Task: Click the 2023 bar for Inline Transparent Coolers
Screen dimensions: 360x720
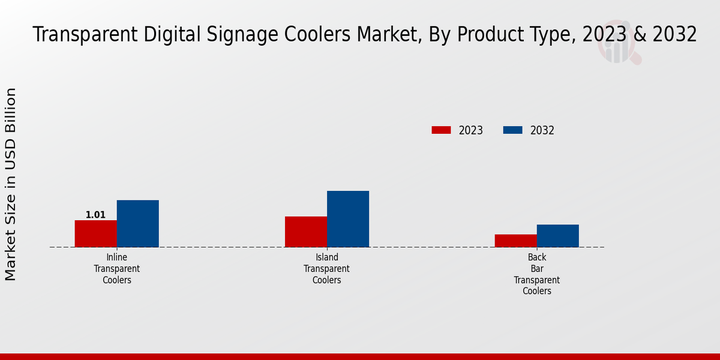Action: pyautogui.click(x=95, y=233)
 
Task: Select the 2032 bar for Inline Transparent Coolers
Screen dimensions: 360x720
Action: pyautogui.click(x=137, y=223)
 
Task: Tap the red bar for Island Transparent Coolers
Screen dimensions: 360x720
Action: pyautogui.click(x=305, y=232)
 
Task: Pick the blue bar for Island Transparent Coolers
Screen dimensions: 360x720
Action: pyautogui.click(x=347, y=219)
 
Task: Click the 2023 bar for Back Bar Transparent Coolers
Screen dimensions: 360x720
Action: pyautogui.click(x=515, y=241)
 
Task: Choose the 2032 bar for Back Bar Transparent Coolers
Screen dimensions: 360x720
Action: pyautogui.click(x=557, y=236)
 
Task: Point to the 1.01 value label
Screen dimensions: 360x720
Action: pyautogui.click(x=95, y=215)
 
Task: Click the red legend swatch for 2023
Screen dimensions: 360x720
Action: pyautogui.click(x=441, y=130)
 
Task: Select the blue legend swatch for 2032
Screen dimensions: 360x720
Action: pyautogui.click(x=512, y=130)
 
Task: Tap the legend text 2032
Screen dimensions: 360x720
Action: pyautogui.click(x=542, y=130)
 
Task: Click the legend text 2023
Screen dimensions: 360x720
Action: pyautogui.click(x=471, y=130)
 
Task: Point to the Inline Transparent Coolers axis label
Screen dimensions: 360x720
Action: pyautogui.click(x=116, y=269)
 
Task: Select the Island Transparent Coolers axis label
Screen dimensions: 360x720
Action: pyautogui.click(x=326, y=269)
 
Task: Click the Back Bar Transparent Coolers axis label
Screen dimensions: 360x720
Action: pyautogui.click(x=536, y=274)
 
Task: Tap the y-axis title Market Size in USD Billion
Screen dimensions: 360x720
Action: pyautogui.click(x=11, y=184)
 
